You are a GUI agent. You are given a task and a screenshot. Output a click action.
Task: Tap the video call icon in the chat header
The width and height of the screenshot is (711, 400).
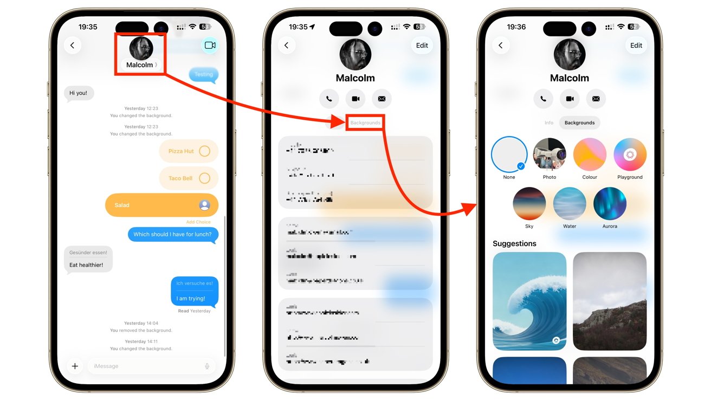pyautogui.click(x=210, y=46)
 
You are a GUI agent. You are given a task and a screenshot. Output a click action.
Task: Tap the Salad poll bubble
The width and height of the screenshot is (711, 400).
pyautogui.click(x=161, y=205)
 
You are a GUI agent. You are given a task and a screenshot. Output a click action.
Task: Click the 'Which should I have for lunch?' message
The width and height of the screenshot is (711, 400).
pyautogui.click(x=173, y=235)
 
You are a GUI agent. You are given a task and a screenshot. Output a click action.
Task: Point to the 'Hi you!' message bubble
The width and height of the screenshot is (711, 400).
pyautogui.click(x=79, y=93)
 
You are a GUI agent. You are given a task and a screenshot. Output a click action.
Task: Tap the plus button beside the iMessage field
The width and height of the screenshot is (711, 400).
pyautogui.click(x=75, y=366)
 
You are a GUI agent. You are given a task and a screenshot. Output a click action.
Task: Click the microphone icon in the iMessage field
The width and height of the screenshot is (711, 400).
pyautogui.click(x=207, y=366)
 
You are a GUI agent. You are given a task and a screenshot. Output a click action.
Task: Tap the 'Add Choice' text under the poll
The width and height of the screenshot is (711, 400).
pyautogui.click(x=198, y=222)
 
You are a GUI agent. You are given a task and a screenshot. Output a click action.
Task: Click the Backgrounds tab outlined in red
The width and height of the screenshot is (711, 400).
pyautogui.click(x=365, y=123)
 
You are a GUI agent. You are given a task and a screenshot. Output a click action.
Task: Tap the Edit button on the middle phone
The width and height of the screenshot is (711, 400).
pyautogui.click(x=422, y=46)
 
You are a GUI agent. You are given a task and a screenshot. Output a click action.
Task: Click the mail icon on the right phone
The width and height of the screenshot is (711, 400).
pyautogui.click(x=596, y=99)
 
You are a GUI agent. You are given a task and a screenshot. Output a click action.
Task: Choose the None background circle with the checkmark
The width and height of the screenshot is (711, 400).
pyautogui.click(x=509, y=154)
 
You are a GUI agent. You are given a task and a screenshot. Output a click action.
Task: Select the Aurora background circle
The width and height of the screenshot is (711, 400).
pyautogui.click(x=610, y=204)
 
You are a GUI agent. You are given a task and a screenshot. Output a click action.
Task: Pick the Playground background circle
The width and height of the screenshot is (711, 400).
pyautogui.click(x=630, y=154)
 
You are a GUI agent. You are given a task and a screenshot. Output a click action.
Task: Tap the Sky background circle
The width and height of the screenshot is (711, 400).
pyautogui.click(x=529, y=204)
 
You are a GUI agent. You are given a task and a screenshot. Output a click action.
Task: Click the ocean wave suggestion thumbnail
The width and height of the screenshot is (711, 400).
pyautogui.click(x=529, y=301)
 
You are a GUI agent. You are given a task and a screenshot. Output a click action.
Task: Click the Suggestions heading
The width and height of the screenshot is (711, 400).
pyautogui.click(x=514, y=244)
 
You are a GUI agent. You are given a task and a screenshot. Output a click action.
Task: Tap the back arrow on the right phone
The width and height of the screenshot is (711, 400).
pyautogui.click(x=501, y=46)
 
